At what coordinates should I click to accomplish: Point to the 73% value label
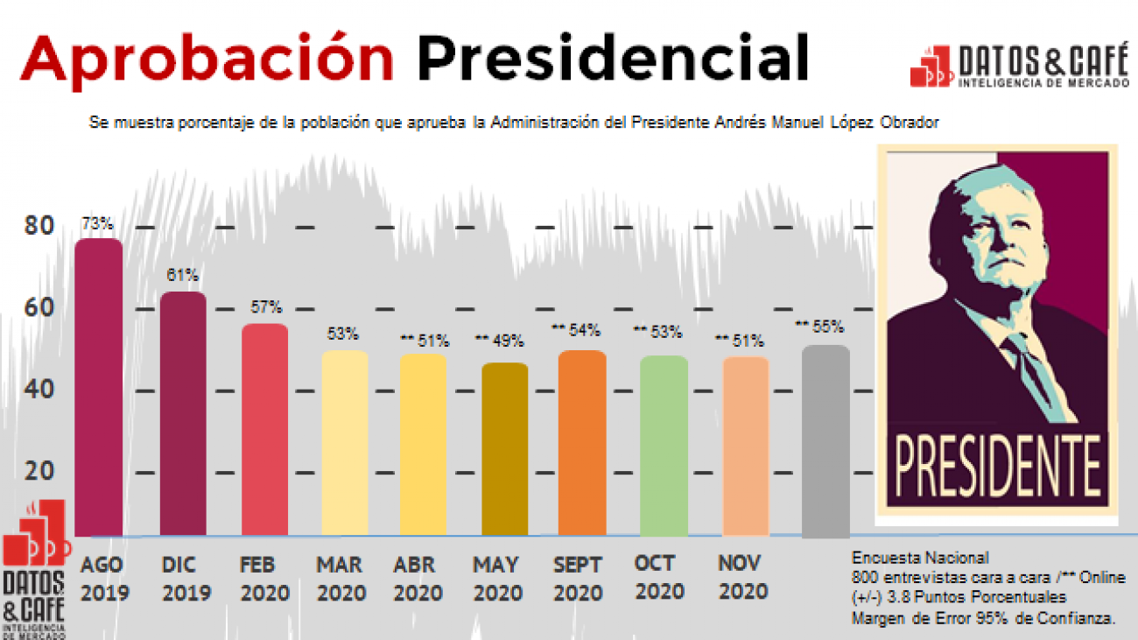(97, 223)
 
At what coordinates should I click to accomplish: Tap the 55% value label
(819, 327)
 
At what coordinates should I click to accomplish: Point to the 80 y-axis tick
(39, 226)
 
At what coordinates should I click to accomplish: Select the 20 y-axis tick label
(39, 471)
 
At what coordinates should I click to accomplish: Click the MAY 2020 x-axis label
(495, 578)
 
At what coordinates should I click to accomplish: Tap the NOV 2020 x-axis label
(742, 577)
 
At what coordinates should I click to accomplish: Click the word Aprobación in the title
(207, 60)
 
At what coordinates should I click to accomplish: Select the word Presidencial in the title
(612, 60)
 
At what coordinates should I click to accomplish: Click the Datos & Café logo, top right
(1020, 66)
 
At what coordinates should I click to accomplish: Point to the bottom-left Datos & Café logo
(35, 569)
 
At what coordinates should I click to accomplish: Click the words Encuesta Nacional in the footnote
(919, 558)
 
